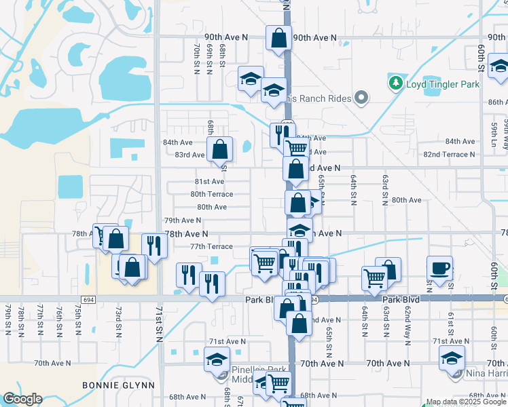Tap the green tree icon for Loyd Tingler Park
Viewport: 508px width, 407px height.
coord(395,83)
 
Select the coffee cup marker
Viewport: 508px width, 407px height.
coord(439,267)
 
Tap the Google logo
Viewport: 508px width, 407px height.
coord(22,399)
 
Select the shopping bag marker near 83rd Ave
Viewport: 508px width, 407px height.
coord(220,149)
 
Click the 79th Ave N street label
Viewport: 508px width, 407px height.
coord(183,220)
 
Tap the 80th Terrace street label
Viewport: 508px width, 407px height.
coord(212,194)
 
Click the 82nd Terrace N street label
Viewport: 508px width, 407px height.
coord(450,155)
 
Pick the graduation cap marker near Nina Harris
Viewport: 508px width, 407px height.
coord(452,357)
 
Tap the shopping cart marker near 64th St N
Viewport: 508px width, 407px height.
coord(375,277)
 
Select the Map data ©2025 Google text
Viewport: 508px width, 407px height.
coord(465,402)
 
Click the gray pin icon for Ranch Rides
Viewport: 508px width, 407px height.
coord(362,99)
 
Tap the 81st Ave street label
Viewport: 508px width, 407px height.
coord(209,182)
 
